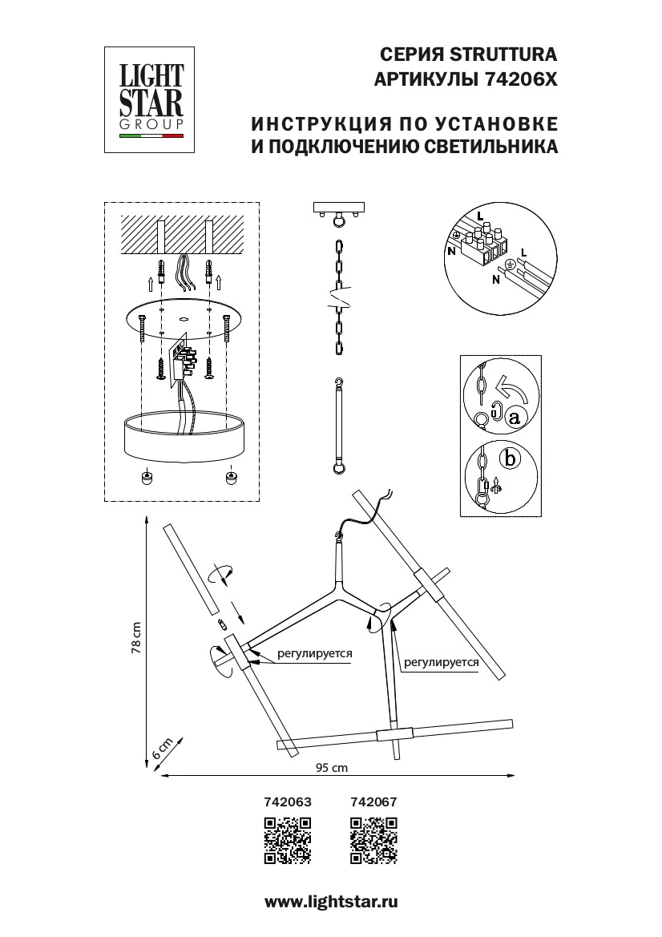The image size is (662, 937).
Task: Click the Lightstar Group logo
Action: [151, 99]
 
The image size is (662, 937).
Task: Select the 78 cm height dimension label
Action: [136, 639]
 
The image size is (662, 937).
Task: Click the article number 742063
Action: [287, 801]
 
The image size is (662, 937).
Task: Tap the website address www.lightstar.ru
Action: [331, 902]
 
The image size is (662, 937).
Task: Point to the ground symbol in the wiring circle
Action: [507, 265]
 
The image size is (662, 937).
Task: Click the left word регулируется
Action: [315, 653]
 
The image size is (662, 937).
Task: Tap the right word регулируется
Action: [441, 663]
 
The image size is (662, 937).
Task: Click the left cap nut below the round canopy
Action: [147, 478]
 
